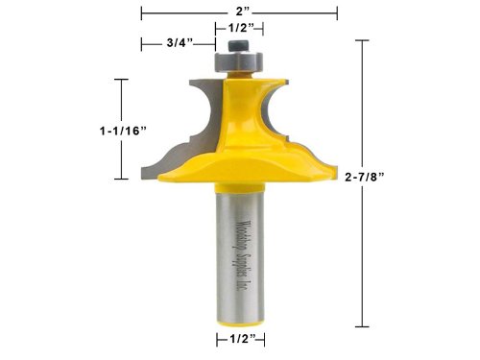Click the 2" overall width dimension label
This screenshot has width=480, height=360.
(x=243, y=12)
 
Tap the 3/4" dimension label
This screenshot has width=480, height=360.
(x=180, y=43)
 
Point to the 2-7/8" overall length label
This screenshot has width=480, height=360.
(x=365, y=177)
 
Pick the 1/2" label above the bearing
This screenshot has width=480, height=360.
(x=241, y=28)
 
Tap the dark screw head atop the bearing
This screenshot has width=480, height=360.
(x=239, y=45)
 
